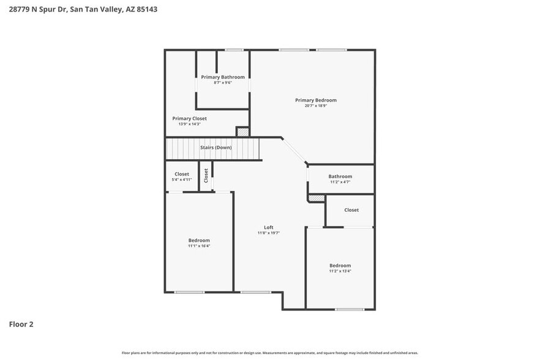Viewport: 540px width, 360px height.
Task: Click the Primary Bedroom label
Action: [315, 100]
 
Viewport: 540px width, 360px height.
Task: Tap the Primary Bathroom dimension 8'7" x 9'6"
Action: [223, 83]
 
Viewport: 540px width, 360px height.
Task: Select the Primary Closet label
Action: [189, 118]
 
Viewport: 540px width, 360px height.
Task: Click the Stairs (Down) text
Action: [216, 148]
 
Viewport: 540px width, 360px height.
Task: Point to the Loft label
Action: [268, 227]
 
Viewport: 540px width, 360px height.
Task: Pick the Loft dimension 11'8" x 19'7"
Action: [268, 233]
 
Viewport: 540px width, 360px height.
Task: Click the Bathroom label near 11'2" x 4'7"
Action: [340, 176]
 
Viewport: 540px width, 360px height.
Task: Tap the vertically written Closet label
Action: [206, 175]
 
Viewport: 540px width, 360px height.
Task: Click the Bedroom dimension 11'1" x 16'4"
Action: [199, 246]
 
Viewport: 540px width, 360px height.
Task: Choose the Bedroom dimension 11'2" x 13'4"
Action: [340, 271]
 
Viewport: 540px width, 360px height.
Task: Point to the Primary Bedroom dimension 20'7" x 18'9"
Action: [315, 105]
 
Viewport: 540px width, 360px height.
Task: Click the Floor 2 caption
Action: [21, 324]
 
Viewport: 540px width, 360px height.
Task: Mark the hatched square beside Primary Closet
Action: [243, 132]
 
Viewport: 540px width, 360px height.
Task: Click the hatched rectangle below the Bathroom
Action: [316, 198]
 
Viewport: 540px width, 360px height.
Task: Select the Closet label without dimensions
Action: [351, 210]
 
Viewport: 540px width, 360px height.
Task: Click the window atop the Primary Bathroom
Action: [233, 50]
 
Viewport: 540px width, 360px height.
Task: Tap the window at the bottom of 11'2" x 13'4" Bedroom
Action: [350, 309]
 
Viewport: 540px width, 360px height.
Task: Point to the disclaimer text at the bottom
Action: [270, 353]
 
